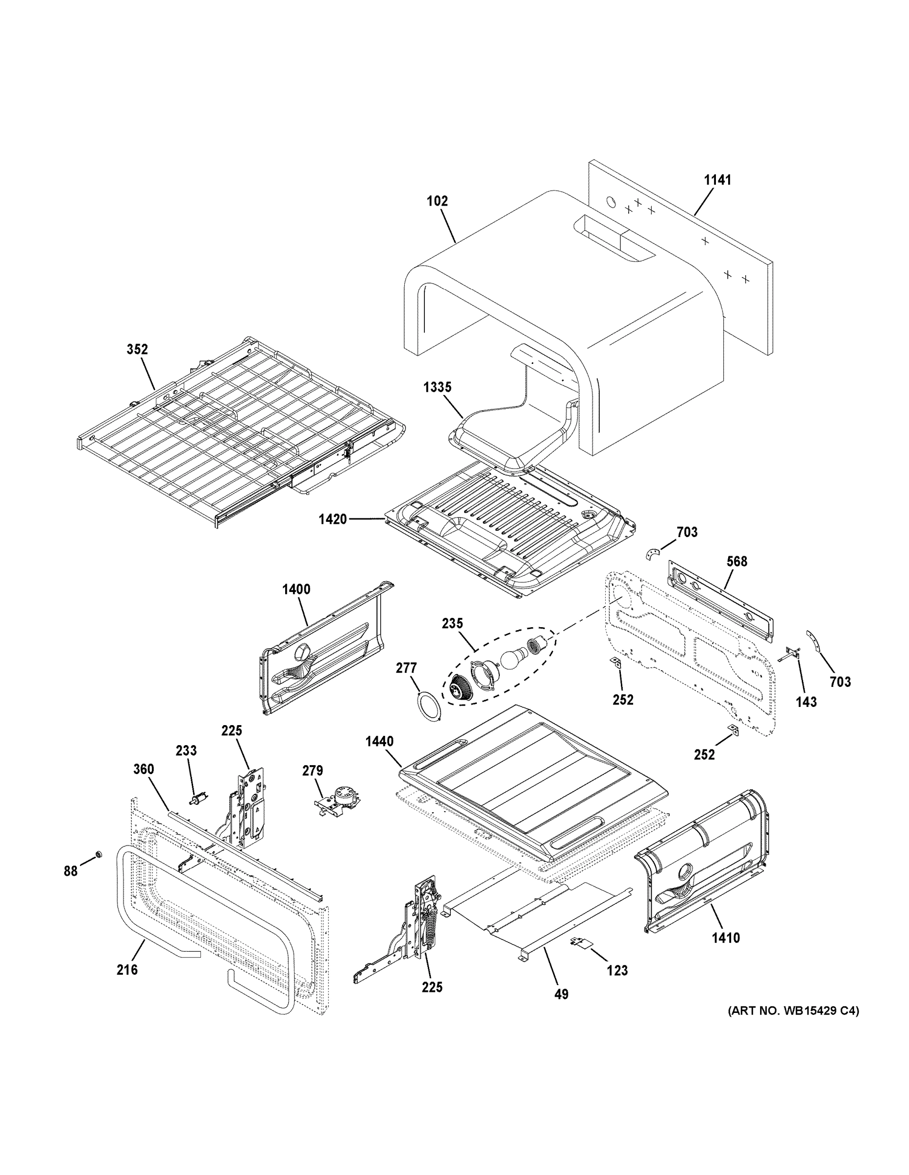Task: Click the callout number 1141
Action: point(718,180)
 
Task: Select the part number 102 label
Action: point(437,201)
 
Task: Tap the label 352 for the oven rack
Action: point(137,349)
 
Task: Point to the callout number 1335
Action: point(437,387)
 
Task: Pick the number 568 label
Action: point(737,562)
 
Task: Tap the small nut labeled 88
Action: point(98,854)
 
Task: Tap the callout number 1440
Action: point(379,742)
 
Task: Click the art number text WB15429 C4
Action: point(793,1011)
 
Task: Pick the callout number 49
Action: point(561,995)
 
